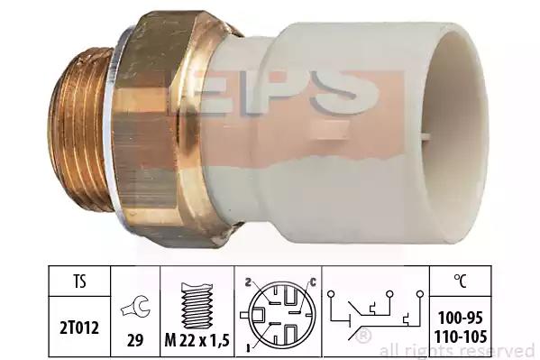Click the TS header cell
(x=79, y=282)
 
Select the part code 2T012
(x=79, y=328)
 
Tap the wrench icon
(x=135, y=306)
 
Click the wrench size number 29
(x=135, y=340)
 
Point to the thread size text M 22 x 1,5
(x=197, y=341)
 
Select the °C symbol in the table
(x=460, y=282)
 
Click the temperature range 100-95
(x=460, y=318)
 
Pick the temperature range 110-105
(x=460, y=337)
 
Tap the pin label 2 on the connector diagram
(x=247, y=282)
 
